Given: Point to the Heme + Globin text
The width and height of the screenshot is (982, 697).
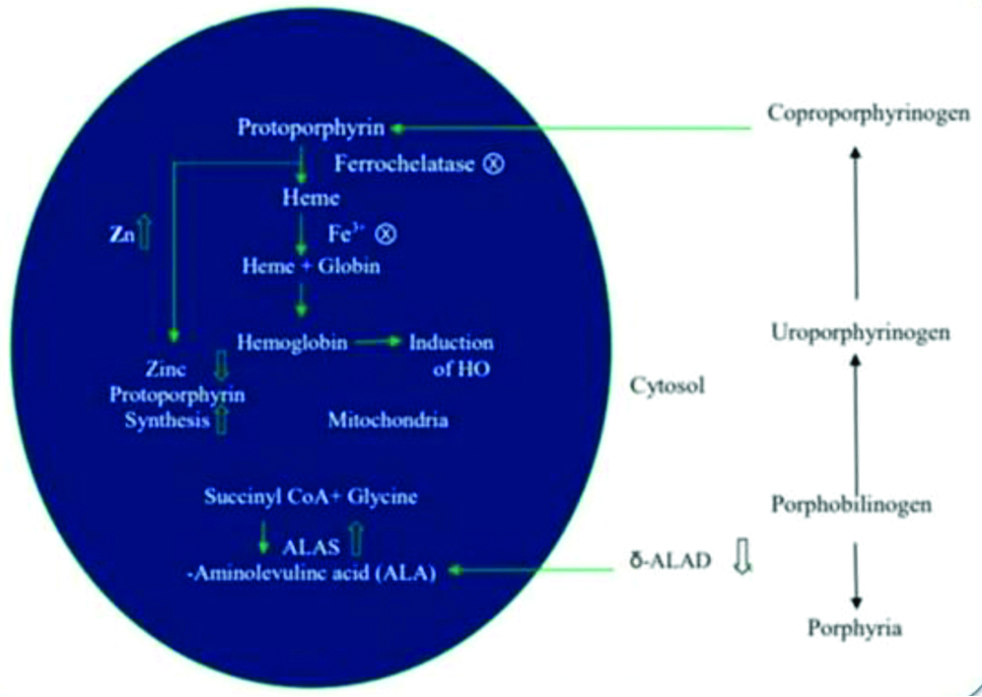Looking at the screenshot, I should [299, 266].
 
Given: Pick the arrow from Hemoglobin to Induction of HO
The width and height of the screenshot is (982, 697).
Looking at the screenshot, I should [379, 342].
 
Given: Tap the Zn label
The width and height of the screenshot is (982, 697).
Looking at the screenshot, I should [122, 236].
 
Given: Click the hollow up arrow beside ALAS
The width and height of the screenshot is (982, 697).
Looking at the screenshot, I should [357, 540].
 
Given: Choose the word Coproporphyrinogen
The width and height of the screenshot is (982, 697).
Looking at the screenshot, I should [855, 113].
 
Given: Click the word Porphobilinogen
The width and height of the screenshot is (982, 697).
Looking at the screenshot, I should [854, 505].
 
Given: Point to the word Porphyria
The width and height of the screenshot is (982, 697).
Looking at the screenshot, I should [854, 626].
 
